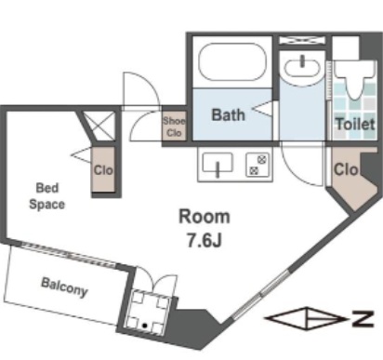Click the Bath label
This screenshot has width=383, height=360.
(229, 114)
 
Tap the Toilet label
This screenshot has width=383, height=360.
(356, 125)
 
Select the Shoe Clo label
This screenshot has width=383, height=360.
(174, 127)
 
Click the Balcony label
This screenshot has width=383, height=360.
(64, 287)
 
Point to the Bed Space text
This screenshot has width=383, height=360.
(47, 196)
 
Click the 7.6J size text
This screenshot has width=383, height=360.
(205, 240)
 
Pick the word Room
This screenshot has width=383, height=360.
(205, 217)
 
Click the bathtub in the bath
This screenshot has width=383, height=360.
(232, 62)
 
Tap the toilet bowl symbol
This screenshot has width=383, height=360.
(355, 78)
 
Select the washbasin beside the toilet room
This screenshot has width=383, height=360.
(302, 68)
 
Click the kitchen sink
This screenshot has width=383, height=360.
(218, 164)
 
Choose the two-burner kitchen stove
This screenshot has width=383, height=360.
(257, 165)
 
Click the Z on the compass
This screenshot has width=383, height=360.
(363, 318)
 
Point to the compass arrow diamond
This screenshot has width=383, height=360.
(307, 318)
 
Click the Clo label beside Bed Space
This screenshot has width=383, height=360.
(103, 170)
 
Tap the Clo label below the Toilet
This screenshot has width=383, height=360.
(346, 169)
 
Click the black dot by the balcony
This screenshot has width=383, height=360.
(145, 326)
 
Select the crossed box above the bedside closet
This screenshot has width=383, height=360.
(99, 126)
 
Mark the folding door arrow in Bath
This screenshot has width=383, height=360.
(263, 109)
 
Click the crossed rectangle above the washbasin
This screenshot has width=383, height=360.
(302, 40)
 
